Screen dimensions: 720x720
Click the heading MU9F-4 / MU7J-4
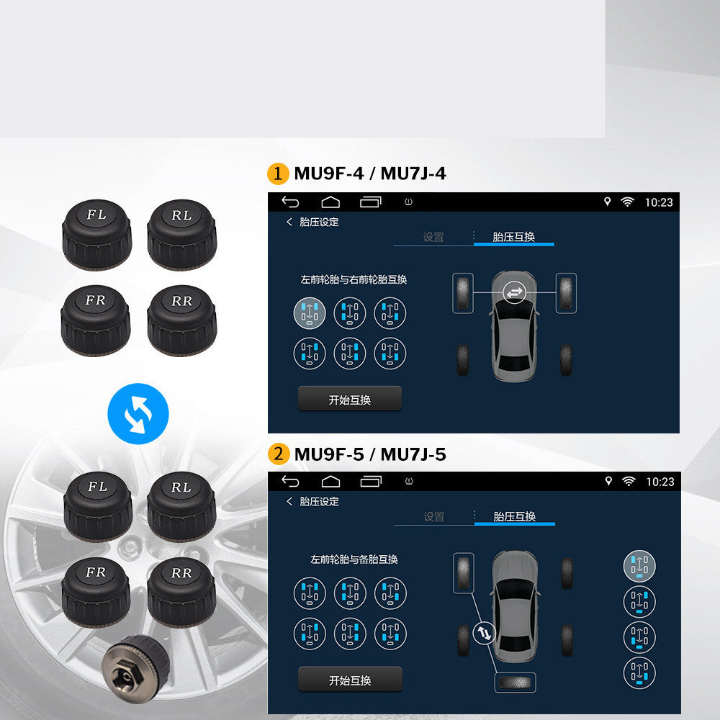coord(370,174)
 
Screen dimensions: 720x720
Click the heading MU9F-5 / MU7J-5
coord(370,454)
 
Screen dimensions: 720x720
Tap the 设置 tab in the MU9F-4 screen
coord(433,237)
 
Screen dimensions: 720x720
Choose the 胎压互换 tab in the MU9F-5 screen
coord(515,516)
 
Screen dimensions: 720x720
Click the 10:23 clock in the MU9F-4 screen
coord(659,202)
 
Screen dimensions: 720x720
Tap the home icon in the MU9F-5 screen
coord(330,481)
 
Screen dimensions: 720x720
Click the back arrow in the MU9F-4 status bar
coord(290,202)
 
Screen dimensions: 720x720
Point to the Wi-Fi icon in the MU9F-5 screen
coord(628,481)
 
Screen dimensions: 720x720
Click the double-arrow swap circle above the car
coord(515,292)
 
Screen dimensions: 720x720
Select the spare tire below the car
coord(515,682)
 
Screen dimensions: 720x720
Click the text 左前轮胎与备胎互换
coord(354,559)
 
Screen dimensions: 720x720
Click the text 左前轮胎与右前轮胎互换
coord(354,279)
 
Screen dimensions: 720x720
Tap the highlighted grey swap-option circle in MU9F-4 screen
coord(310,313)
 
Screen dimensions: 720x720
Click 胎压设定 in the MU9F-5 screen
coord(319,501)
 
